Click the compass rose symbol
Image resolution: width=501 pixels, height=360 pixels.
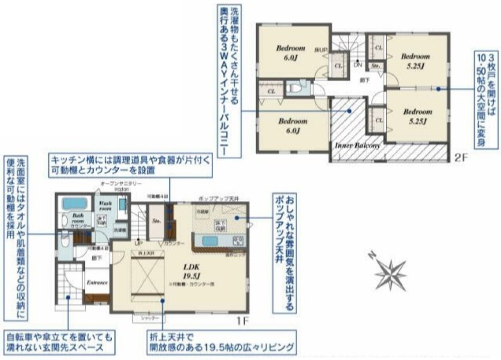pos(390,273)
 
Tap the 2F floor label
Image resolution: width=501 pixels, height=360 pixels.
pos(461,157)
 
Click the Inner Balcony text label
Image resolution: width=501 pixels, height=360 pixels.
pos(357,145)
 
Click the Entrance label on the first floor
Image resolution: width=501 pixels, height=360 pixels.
pos(97,282)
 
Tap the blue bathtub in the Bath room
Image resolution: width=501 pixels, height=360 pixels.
pos(75,204)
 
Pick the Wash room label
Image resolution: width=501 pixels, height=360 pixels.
pos(105,206)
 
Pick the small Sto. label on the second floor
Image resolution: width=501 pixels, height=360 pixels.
pos(374,66)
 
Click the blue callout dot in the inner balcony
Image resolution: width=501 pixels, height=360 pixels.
pos(351,111)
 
